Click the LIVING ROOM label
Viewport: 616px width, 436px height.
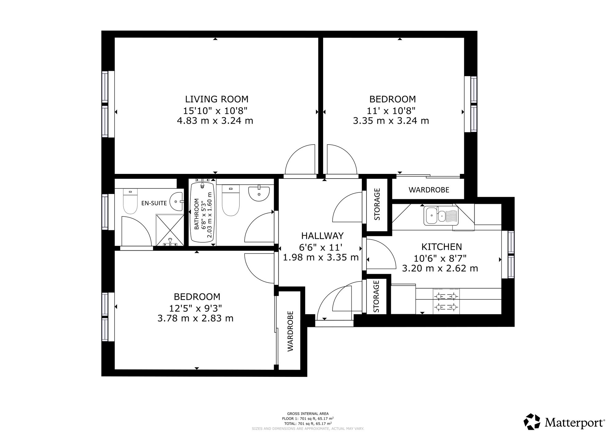click(x=217, y=99)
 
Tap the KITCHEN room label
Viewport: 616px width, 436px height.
click(x=441, y=247)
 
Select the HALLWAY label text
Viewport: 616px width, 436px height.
click(x=322, y=236)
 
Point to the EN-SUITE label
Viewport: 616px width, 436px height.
click(x=154, y=203)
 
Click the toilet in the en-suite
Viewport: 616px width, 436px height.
click(x=130, y=202)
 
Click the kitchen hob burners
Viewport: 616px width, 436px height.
click(x=446, y=302)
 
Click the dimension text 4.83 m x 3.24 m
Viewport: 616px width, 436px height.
click(x=215, y=121)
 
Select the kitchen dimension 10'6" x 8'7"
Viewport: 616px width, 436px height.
click(x=440, y=258)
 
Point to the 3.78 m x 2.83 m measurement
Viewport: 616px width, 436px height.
click(x=195, y=318)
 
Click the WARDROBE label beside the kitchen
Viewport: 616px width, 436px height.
click(x=429, y=190)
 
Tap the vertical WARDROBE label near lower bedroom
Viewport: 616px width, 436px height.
click(x=290, y=331)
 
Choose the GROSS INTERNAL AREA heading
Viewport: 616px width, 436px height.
click(x=308, y=414)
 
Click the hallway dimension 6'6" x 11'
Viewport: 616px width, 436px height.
click(x=321, y=247)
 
